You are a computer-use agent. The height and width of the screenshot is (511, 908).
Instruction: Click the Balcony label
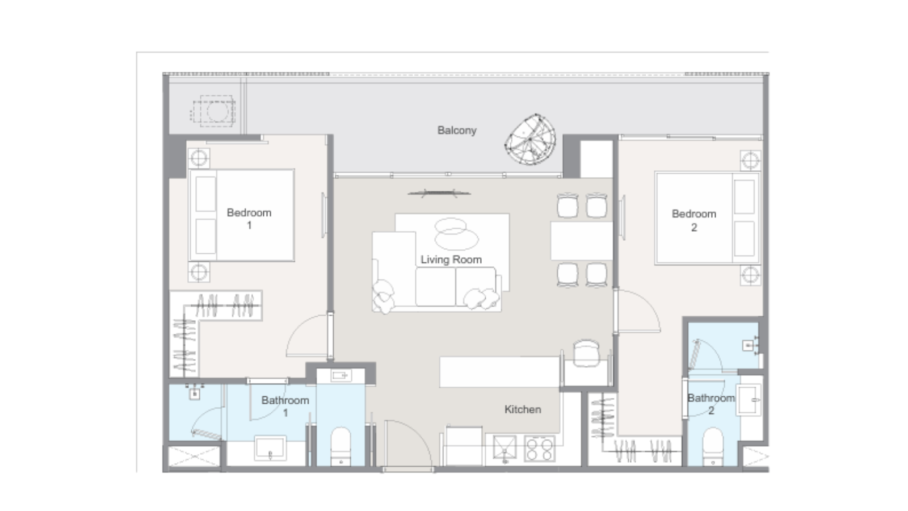click(456, 131)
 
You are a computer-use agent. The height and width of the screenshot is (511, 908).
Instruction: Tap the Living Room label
click(451, 259)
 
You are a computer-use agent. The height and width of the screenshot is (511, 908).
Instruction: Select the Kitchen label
click(523, 409)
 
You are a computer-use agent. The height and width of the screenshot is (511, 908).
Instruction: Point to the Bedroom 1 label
click(249, 219)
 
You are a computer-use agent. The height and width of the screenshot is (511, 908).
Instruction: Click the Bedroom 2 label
click(694, 220)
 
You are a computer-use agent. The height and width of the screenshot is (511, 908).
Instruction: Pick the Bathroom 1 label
click(285, 407)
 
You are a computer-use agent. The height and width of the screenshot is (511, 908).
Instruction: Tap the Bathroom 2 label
click(712, 404)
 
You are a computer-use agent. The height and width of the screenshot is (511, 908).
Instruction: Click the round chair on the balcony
click(530, 140)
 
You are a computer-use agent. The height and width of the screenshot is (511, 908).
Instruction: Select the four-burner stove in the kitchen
click(539, 449)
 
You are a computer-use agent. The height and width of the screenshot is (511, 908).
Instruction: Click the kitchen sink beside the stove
click(505, 448)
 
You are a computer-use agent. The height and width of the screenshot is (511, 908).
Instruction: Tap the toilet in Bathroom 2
click(713, 446)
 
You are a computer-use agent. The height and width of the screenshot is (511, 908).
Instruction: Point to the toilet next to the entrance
click(340, 446)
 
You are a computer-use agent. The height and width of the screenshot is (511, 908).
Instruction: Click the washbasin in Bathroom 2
click(749, 400)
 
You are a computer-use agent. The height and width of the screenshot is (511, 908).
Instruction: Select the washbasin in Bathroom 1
click(270, 448)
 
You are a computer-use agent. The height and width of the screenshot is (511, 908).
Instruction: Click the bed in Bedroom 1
click(242, 215)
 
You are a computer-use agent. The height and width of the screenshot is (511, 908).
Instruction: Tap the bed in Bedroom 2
click(707, 218)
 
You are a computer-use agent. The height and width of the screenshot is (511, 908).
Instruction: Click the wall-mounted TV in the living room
click(439, 194)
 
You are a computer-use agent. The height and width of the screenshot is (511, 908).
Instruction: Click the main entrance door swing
click(408, 443)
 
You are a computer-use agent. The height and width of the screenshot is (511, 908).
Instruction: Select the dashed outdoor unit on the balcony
click(213, 111)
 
